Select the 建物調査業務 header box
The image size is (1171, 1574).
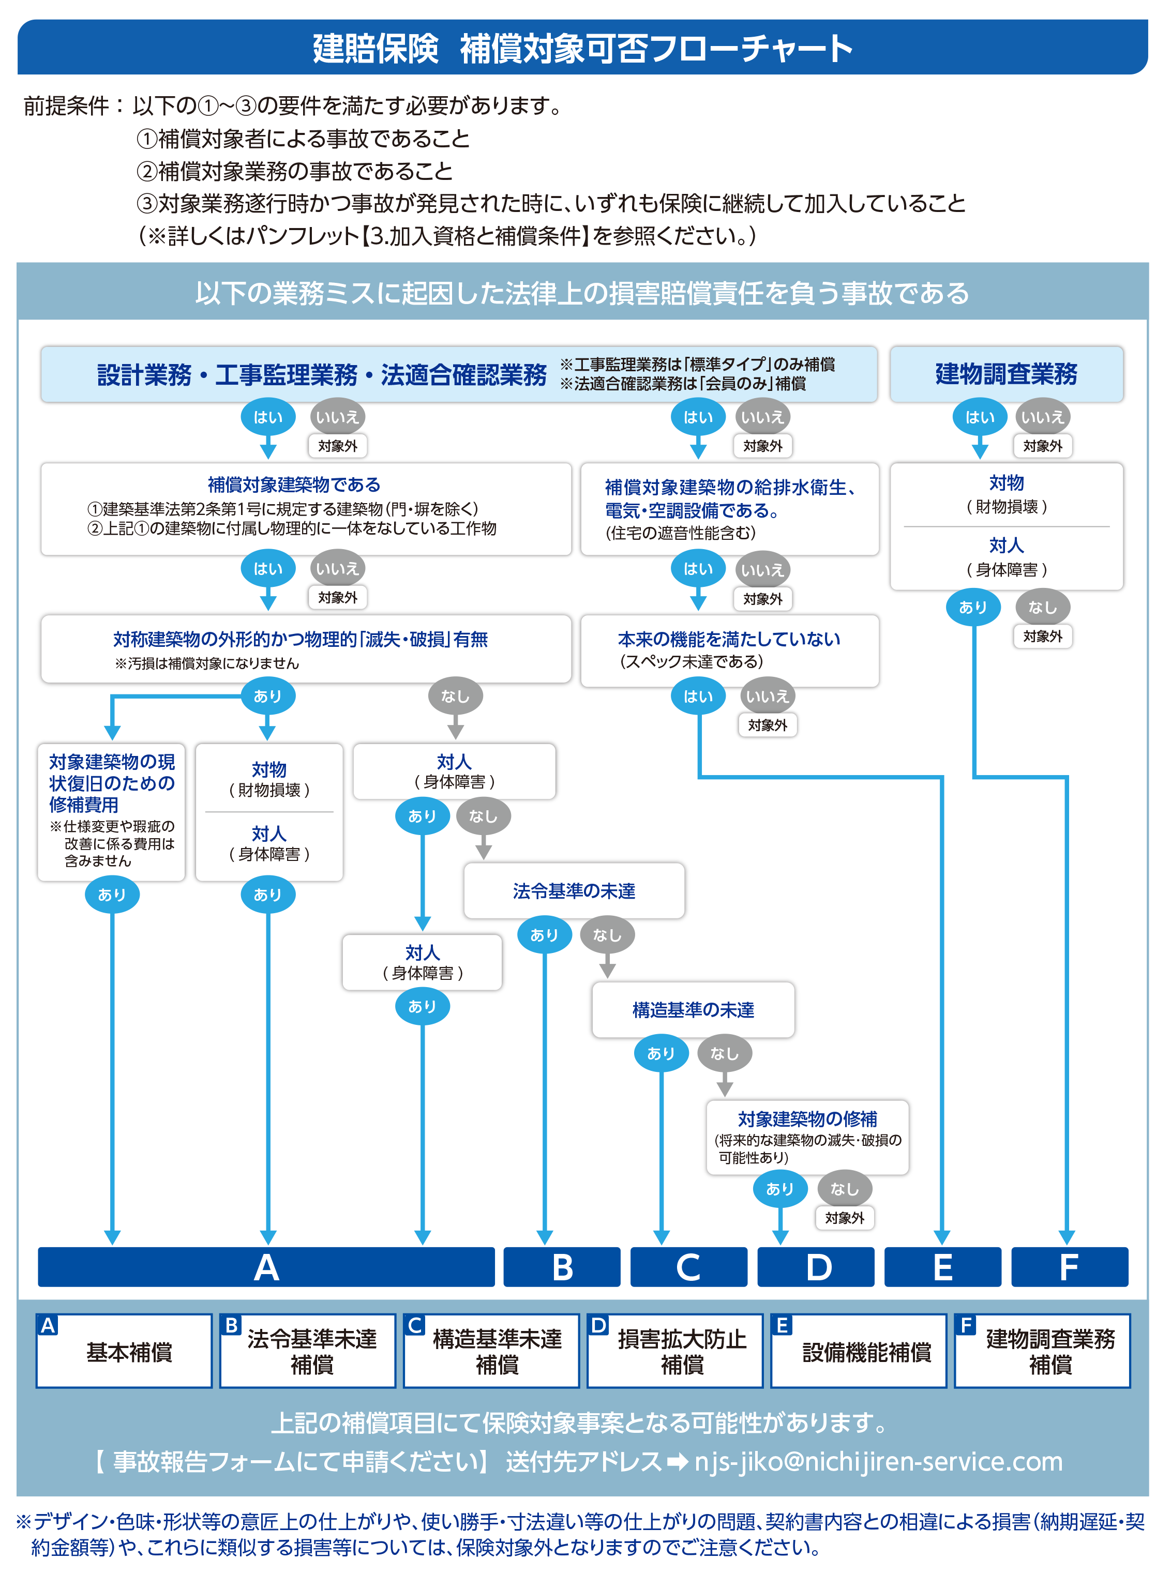(1006, 374)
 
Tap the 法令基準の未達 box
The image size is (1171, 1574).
(574, 891)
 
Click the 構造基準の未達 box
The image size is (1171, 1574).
(693, 1010)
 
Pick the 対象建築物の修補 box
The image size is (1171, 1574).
(807, 1136)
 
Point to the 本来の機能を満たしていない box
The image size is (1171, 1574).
(729, 650)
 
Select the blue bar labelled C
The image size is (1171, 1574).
(688, 1267)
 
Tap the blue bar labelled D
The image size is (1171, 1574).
(816, 1267)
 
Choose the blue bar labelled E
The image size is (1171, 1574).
(943, 1267)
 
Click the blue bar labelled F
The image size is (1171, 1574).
(1069, 1267)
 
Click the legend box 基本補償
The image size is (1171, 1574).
(124, 1352)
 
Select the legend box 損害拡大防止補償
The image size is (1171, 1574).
(675, 1352)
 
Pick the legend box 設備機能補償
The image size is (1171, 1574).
(859, 1352)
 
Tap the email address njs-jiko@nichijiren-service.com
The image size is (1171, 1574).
(878, 1462)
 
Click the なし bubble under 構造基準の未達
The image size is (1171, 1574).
(725, 1054)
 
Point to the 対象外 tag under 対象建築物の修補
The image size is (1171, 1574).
(844, 1218)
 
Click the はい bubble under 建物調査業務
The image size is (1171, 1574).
(980, 417)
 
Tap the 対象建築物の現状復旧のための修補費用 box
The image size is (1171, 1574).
(111, 811)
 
